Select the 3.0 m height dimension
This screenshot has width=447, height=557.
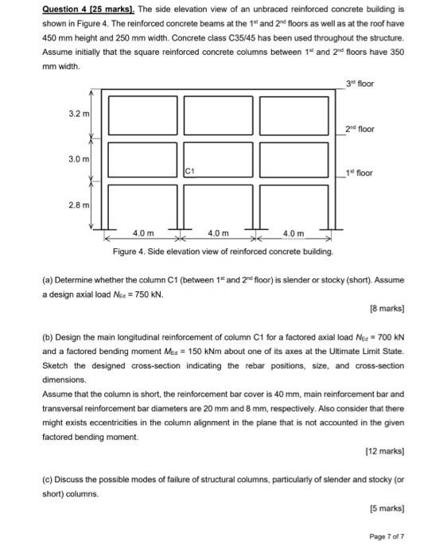[x=80, y=160]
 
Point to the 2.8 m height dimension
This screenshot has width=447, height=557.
[x=80, y=205]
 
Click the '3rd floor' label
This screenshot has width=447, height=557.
[x=360, y=84]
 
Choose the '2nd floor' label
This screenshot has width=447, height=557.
[x=360, y=129]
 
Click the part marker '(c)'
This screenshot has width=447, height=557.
[x=48, y=480]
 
